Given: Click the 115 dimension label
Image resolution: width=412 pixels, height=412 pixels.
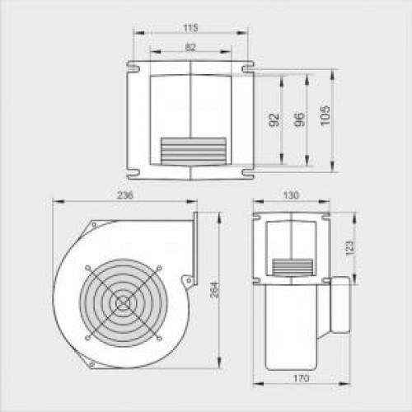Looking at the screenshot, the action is click(x=190, y=28).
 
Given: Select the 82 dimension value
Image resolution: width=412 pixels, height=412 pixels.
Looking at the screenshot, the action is click(x=190, y=47).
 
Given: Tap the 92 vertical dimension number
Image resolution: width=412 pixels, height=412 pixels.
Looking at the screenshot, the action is click(x=274, y=119).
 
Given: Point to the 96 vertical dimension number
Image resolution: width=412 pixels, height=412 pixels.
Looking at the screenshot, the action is click(x=299, y=119).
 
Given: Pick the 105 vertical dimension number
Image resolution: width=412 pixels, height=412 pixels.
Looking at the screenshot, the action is click(x=325, y=115).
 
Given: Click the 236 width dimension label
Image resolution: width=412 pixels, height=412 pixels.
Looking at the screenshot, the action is click(x=125, y=195).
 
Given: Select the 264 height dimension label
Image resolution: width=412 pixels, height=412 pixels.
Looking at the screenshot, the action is click(x=214, y=290).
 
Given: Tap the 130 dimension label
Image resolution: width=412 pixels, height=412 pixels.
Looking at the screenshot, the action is click(x=291, y=195).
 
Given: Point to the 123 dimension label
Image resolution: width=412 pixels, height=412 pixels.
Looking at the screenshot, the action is click(x=349, y=248).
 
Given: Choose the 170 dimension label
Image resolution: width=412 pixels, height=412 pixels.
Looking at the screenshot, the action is click(x=302, y=378).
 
